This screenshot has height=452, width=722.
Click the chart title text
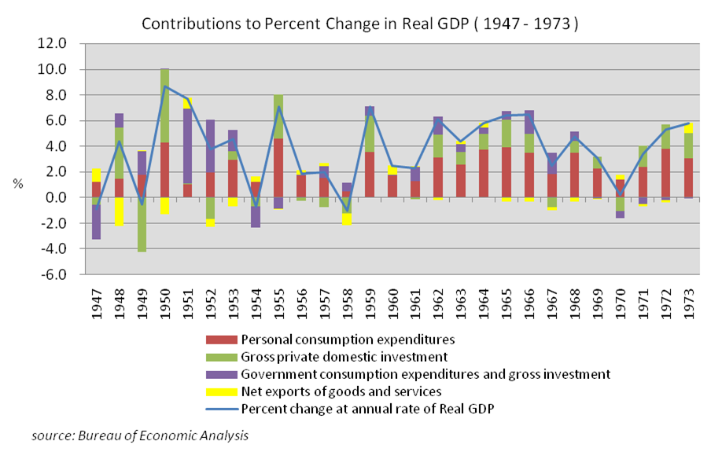(359, 24)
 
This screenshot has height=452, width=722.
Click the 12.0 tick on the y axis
(64, 44)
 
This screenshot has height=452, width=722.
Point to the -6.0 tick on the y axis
(64, 274)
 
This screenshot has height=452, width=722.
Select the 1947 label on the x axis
(96, 301)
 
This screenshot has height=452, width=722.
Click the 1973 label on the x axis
(689, 301)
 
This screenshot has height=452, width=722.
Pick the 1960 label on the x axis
(392, 301)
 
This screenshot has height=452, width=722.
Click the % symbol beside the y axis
(16, 184)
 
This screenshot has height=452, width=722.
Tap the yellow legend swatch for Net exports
(221, 391)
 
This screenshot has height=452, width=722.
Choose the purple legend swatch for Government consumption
(221, 374)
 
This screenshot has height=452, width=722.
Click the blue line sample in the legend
(221, 409)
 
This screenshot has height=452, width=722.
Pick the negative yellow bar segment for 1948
(119, 211)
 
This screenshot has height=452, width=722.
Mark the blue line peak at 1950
(164, 86)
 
